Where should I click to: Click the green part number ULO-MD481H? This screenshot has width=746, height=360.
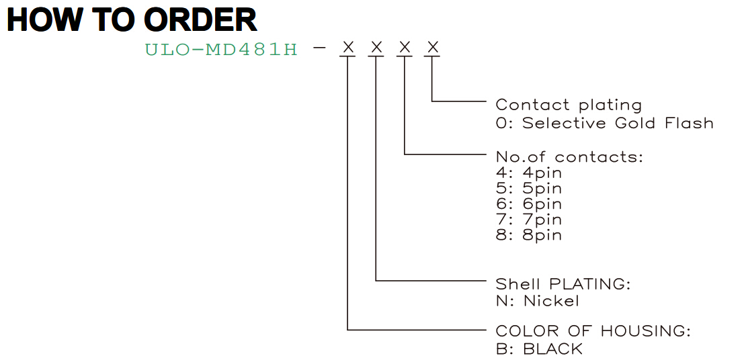click(221, 49)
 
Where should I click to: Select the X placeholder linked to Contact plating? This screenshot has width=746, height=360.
click(432, 47)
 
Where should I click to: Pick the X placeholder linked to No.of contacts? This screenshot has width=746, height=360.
click(405, 47)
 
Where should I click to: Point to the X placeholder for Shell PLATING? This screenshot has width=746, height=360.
click(376, 47)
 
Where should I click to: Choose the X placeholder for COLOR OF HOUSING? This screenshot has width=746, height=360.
click(348, 47)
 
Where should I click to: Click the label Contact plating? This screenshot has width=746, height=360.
click(569, 105)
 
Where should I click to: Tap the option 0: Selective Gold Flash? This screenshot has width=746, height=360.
click(605, 123)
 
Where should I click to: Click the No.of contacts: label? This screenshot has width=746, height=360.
click(569, 157)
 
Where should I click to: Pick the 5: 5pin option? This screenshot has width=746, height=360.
click(528, 189)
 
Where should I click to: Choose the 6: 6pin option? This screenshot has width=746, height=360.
click(528, 204)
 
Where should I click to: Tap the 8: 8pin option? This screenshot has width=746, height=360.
click(528, 236)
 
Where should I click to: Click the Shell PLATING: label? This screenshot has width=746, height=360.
click(563, 284)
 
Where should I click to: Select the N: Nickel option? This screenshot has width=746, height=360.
click(538, 301)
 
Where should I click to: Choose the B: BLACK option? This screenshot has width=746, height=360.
click(539, 349)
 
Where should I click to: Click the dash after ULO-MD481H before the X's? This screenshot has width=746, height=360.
click(320, 48)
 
